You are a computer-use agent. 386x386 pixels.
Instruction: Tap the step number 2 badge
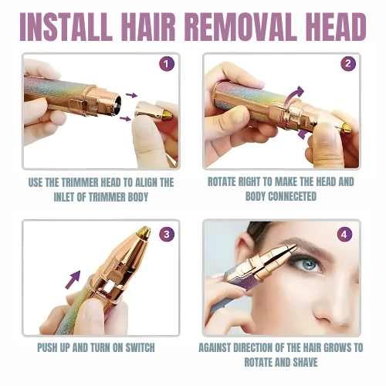(348, 63)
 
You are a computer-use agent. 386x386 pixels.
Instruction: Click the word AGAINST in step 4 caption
(224, 349)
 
